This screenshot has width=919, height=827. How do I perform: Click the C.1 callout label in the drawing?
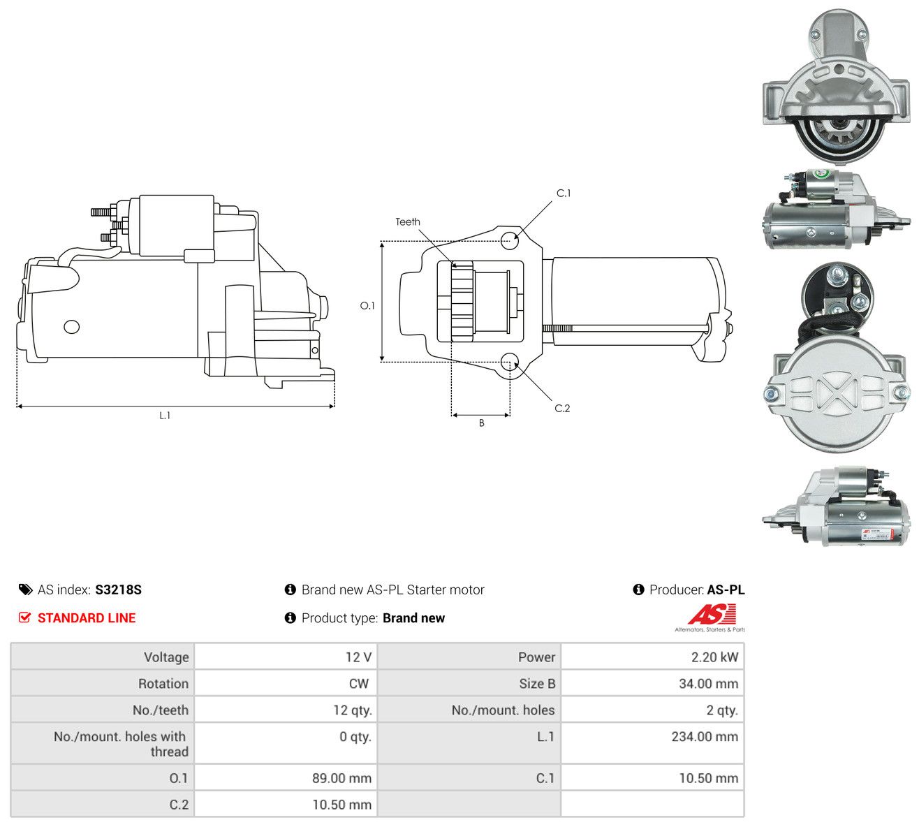coord(563,193)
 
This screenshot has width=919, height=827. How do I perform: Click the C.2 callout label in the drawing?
coord(562,408)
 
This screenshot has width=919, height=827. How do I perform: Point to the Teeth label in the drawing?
coord(407,222)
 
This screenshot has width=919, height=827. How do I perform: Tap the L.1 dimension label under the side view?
coord(165,416)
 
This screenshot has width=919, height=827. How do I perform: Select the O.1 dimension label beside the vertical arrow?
coord(367,305)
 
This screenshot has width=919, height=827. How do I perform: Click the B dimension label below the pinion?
coord(481,423)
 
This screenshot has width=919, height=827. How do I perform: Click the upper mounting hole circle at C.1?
coord(510,240)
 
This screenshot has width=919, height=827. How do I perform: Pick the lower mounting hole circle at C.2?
coord(509,362)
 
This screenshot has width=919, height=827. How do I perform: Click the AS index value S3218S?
coord(118,590)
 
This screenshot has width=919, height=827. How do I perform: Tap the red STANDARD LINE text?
coord(87,618)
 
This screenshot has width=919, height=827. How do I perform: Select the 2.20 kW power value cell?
coord(652,657)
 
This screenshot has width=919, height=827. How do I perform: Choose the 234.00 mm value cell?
coord(652,743)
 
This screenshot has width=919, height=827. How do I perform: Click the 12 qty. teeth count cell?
coord(286,710)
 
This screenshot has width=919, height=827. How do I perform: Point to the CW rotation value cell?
coord(286,684)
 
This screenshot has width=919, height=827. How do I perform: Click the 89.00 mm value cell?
coord(286,778)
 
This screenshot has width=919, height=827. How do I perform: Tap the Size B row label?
coord(537,684)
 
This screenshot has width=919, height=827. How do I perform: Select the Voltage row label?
coord(166,657)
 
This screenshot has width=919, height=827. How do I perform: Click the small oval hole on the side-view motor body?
coord(71,327)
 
